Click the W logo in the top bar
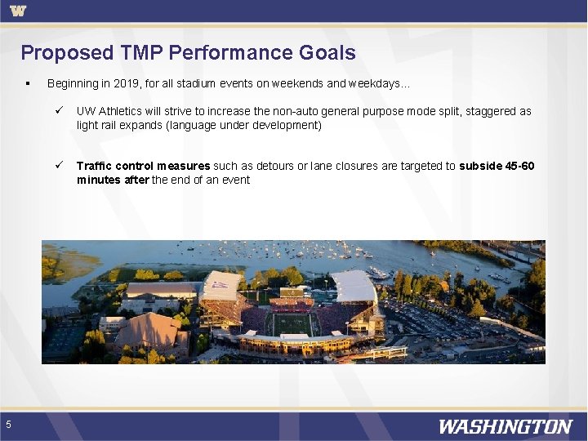(18, 11)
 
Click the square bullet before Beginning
(28, 83)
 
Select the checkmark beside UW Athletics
(59, 111)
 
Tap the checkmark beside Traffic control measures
(59, 166)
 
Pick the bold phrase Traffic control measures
(144, 166)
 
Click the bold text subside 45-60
(497, 166)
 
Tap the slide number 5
(8, 424)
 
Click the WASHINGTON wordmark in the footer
(505, 426)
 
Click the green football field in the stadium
(292, 324)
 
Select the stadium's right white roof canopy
(354, 287)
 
